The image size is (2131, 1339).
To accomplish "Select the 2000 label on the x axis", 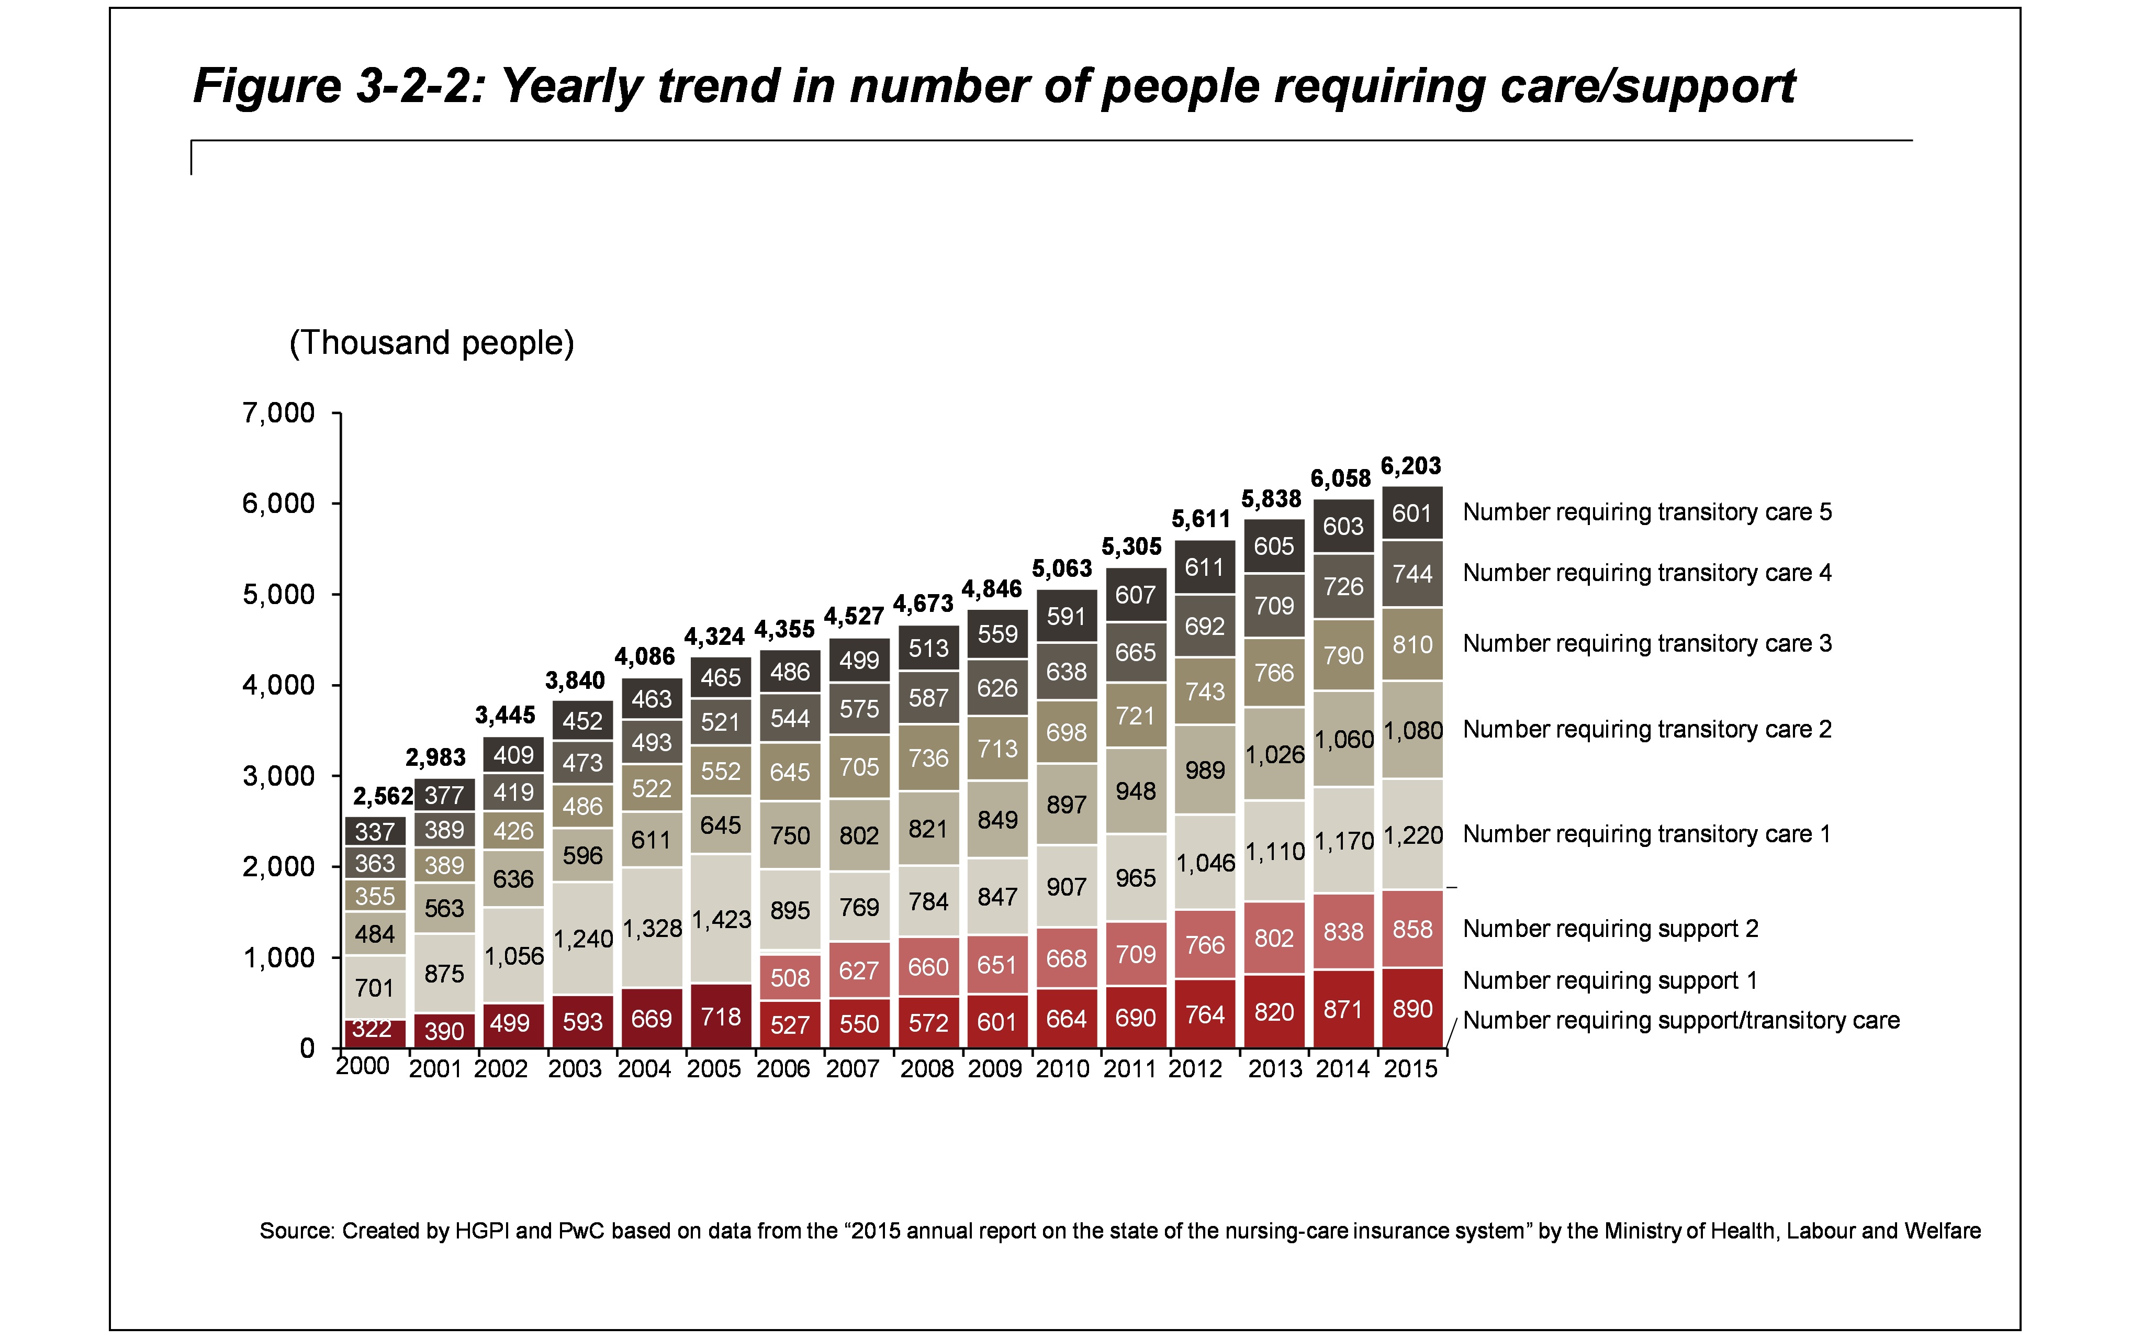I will click(x=363, y=1066).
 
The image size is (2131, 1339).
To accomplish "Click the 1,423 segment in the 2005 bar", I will click(x=720, y=920).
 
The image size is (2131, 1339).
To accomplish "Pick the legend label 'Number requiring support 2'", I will click(x=1610, y=929).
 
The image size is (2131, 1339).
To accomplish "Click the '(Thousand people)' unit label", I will click(x=432, y=342).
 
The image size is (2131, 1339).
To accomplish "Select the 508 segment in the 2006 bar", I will click(x=789, y=977).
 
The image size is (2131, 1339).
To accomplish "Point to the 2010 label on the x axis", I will click(x=1062, y=1069).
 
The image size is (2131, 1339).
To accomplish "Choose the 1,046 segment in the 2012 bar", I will click(x=1204, y=863).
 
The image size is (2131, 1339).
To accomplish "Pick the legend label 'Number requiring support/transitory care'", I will click(x=1680, y=1020).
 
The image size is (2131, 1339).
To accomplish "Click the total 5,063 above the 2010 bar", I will click(x=1062, y=568).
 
